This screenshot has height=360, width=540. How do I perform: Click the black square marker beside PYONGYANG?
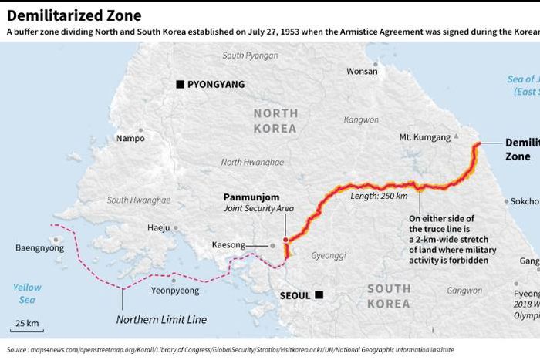pos(180,84)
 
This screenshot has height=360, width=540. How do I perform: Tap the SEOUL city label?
pos(295,295)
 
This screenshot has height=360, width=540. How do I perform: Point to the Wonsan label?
pos(362,71)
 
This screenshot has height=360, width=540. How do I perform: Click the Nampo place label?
pos(130,139)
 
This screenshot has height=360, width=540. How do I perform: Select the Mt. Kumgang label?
pos(424,137)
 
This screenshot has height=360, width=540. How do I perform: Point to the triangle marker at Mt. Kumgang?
pos(457,136)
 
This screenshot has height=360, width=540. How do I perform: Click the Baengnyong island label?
pos(40,248)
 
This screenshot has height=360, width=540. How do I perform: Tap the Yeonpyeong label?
pos(174,291)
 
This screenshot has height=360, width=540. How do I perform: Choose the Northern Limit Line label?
pos(161,319)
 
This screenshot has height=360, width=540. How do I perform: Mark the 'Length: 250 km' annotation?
pos(379,196)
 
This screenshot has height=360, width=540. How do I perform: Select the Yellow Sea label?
pos(27,294)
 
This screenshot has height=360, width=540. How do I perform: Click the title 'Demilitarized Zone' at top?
pos(63,15)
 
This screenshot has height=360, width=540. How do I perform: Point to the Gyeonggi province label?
pos(328,255)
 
